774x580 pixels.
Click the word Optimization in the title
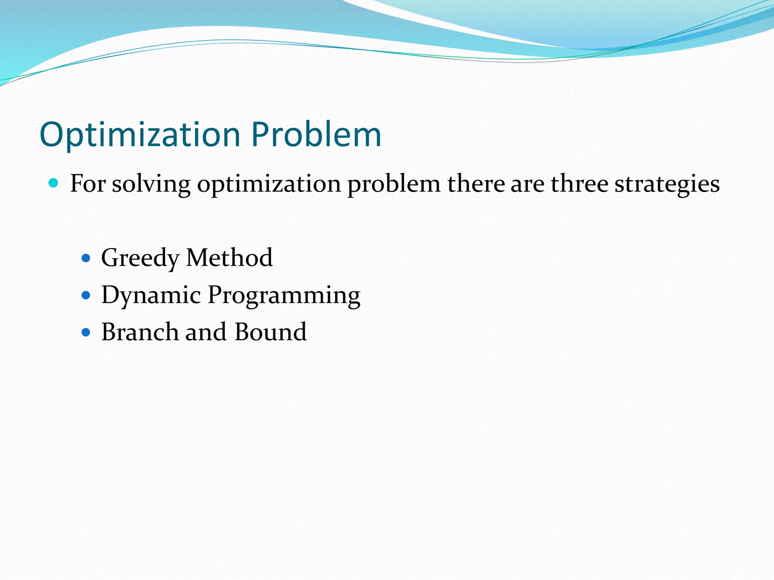click(x=140, y=135)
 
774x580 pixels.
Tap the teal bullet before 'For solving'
click(x=54, y=184)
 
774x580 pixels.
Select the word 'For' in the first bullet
click(x=87, y=184)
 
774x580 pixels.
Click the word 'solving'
click(x=151, y=184)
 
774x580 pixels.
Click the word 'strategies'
click(x=667, y=184)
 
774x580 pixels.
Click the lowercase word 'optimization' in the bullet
click(x=269, y=184)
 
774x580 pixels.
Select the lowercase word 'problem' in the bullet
click(x=393, y=184)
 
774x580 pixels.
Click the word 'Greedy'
click(x=140, y=258)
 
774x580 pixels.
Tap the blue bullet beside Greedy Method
click(x=86, y=258)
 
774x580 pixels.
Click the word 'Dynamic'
click(x=151, y=295)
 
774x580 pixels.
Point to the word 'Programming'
click(x=284, y=295)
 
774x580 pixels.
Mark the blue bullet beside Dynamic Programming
click(x=86, y=295)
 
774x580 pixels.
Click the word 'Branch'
click(x=140, y=332)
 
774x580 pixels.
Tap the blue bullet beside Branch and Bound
click(x=86, y=332)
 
